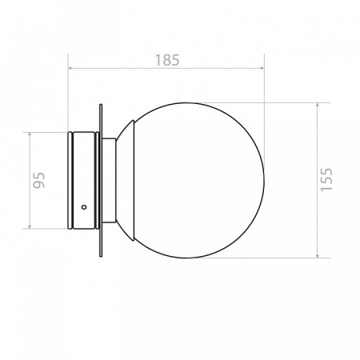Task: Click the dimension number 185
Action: pyautogui.click(x=167, y=60)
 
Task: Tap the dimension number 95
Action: pyautogui.click(x=39, y=180)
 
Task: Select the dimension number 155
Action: pyautogui.click(x=326, y=179)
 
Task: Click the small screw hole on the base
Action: pyautogui.click(x=84, y=206)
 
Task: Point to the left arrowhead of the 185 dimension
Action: pyautogui.click(x=70, y=68)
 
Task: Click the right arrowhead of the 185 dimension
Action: pyautogui.click(x=262, y=68)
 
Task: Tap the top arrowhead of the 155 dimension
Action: pyautogui.click(x=318, y=106)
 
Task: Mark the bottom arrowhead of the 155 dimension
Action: pyautogui.click(x=318, y=255)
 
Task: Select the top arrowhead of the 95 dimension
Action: pyautogui.click(x=30, y=135)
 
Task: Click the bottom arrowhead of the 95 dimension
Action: pyautogui.click(x=30, y=226)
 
